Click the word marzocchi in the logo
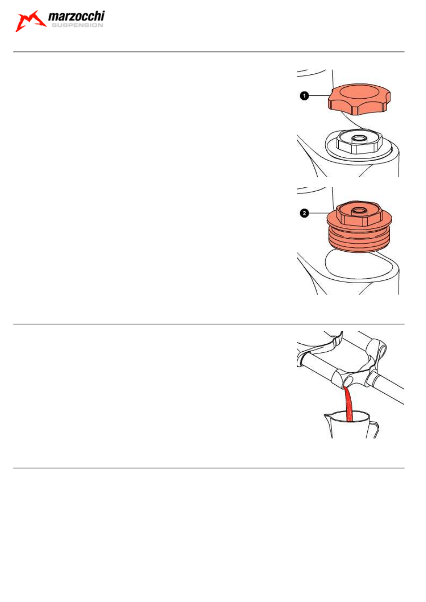coord(76,17)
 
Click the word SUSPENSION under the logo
coord(77,25)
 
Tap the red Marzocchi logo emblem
coord(31,21)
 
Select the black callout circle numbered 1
coord(304,96)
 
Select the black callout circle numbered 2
coord(304,213)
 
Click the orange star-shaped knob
coord(359,99)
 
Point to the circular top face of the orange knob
coord(360,92)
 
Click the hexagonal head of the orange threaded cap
coord(358,213)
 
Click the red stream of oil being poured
coord(349,405)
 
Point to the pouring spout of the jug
coord(327,418)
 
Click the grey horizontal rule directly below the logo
coord(209,51)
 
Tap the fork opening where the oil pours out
coord(348,381)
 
